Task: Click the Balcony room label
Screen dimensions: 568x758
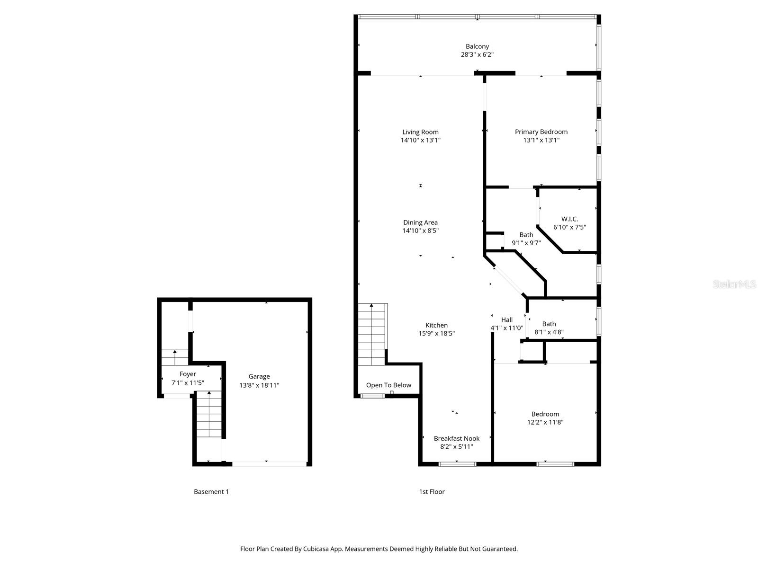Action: (477, 46)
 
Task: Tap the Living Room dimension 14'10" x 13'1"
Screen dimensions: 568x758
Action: (420, 140)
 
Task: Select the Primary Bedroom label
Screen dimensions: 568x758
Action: (541, 132)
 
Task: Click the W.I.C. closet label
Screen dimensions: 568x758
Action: (569, 219)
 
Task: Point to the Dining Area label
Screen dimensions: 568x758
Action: (420, 222)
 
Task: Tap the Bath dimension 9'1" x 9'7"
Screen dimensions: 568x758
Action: (526, 243)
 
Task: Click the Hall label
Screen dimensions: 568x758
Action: (506, 319)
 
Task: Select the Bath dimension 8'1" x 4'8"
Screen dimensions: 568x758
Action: (549, 332)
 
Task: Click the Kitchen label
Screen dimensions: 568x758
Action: (436, 325)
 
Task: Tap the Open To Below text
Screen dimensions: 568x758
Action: (388, 385)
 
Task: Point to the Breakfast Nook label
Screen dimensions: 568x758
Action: (456, 438)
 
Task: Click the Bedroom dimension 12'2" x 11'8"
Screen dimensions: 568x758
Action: (545, 422)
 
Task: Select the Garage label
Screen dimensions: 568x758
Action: (259, 376)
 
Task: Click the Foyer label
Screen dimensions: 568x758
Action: (188, 374)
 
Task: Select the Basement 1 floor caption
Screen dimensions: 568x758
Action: (211, 492)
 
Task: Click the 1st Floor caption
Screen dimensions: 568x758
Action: (432, 492)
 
